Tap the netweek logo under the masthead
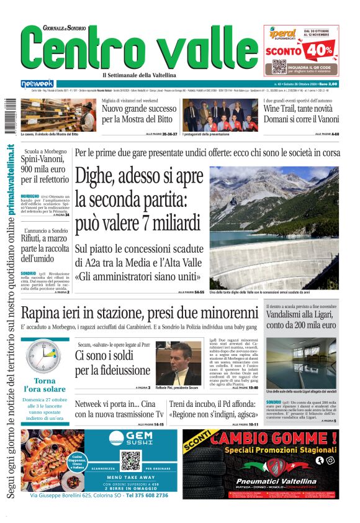[x=37, y=84]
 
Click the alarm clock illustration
[x=44, y=357]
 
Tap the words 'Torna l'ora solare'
[x=45, y=385]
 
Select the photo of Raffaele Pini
[x=178, y=363]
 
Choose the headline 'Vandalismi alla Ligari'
[x=302, y=319]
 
